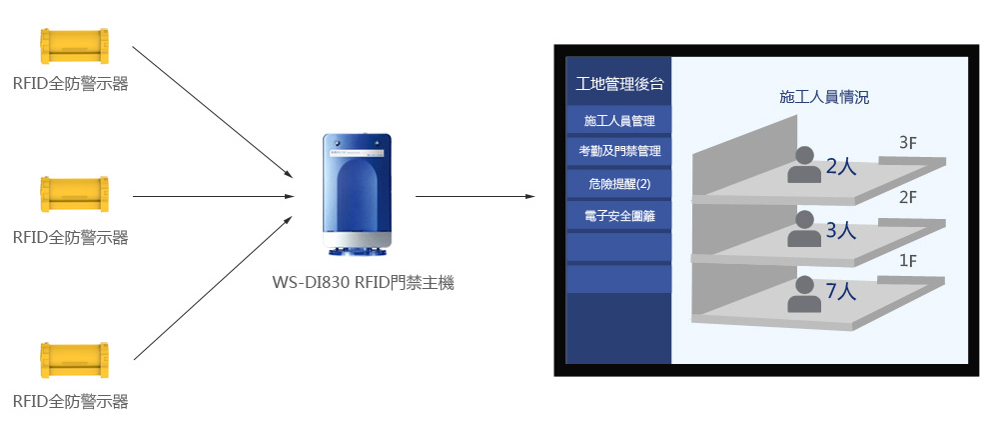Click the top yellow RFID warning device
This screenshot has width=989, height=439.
coord(72,47)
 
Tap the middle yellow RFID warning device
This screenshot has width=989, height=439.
coord(72,195)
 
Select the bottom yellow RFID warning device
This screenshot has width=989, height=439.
coord(72,361)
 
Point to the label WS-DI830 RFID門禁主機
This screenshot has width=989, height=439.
coord(363,283)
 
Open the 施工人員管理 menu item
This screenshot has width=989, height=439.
coord(619,120)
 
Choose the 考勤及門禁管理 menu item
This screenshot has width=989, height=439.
coord(619,152)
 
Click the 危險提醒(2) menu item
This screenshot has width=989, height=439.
coord(619,184)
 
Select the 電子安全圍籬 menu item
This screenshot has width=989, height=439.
coord(619,215)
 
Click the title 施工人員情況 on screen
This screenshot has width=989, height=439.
coord(823,97)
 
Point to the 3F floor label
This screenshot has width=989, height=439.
coord(907,143)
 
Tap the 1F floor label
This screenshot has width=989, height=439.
coord(907,261)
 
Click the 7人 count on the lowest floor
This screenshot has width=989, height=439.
coord(841,291)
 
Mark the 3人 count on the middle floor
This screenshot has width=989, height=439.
coord(841,231)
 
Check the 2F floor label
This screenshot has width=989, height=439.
coord(907,197)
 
